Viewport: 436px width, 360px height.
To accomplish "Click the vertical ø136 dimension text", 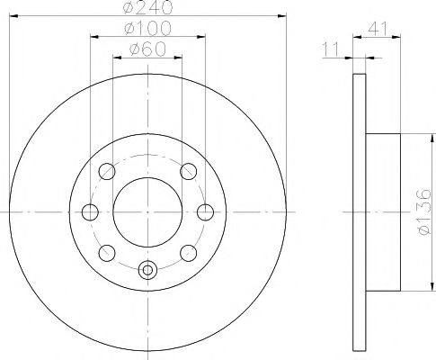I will (423, 211).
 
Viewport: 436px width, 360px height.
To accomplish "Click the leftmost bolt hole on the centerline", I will (90, 211).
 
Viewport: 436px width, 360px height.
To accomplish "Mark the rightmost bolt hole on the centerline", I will (206, 211).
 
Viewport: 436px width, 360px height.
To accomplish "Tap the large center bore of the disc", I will (148, 211).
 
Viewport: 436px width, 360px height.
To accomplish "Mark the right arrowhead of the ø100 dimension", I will (202, 38).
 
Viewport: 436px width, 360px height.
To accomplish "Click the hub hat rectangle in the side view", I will (383, 211).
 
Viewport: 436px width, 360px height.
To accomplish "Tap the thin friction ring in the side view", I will (359, 211).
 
